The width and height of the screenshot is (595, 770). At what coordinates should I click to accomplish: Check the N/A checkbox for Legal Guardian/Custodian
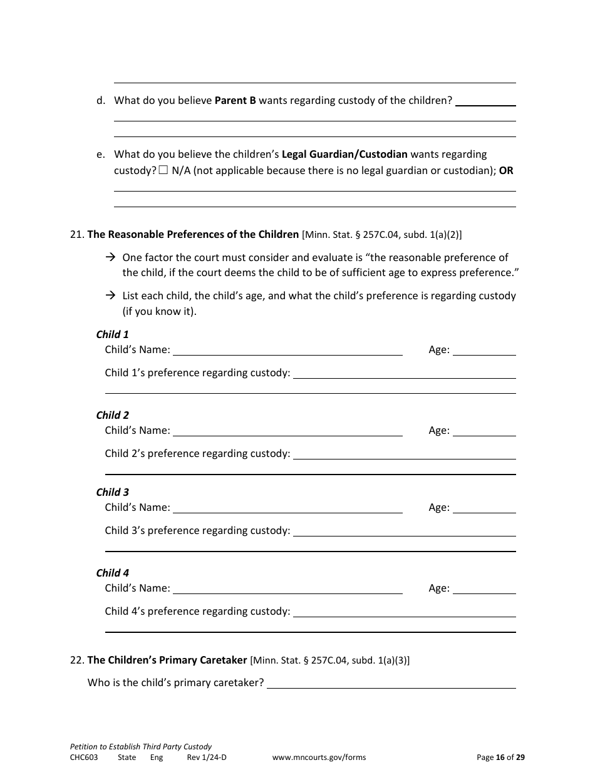(x=163, y=170)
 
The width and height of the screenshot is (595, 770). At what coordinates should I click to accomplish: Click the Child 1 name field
(x=287, y=350)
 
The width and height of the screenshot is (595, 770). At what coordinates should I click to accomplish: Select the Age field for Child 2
(x=484, y=431)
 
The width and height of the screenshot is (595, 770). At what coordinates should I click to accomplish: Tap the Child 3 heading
(x=113, y=492)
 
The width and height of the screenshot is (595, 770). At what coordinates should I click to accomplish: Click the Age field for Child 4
(x=484, y=588)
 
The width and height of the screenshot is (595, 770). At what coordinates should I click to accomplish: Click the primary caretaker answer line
(x=391, y=683)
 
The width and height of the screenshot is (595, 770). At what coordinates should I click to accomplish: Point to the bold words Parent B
(x=235, y=100)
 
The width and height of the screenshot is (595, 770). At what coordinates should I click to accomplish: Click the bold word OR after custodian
(x=506, y=170)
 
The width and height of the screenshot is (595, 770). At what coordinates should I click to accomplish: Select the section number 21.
(x=76, y=235)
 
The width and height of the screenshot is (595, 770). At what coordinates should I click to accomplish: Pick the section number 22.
(x=76, y=660)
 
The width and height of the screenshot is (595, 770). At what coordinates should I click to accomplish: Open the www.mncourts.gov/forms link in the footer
(x=319, y=757)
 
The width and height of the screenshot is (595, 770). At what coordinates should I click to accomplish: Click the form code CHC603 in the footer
(x=84, y=757)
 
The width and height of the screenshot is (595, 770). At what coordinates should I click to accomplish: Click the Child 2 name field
(x=287, y=431)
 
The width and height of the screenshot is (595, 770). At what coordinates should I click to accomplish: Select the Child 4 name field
(x=287, y=588)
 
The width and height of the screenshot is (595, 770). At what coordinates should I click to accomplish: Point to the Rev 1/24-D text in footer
(x=207, y=757)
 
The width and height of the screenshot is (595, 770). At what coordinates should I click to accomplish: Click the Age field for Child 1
(x=484, y=350)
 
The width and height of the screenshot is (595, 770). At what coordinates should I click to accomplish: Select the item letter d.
(x=101, y=100)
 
